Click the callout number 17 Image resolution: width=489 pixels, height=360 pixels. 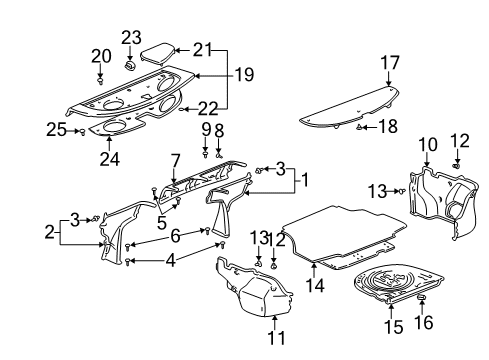(389, 62)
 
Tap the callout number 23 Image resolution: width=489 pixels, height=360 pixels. (130, 38)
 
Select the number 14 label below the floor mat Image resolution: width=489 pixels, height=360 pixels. (316, 285)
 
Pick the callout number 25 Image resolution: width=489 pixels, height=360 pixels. (55, 130)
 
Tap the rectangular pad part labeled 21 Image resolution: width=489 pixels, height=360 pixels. (160, 50)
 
